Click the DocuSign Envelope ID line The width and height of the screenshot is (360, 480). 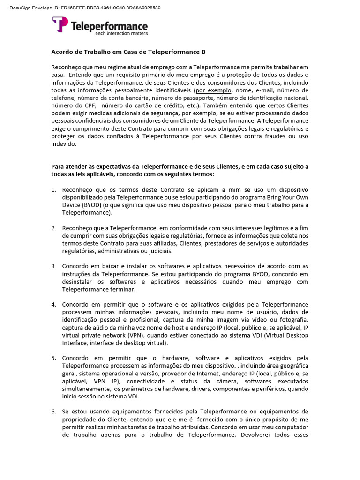[85, 8]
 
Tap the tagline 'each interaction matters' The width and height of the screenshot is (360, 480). [121, 34]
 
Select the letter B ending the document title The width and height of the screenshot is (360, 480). [203, 52]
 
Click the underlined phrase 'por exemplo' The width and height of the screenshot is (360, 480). [210, 90]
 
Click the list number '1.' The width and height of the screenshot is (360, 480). [53, 190]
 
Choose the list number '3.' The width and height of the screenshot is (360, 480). [53, 266]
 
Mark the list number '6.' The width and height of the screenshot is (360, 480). [53, 412]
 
